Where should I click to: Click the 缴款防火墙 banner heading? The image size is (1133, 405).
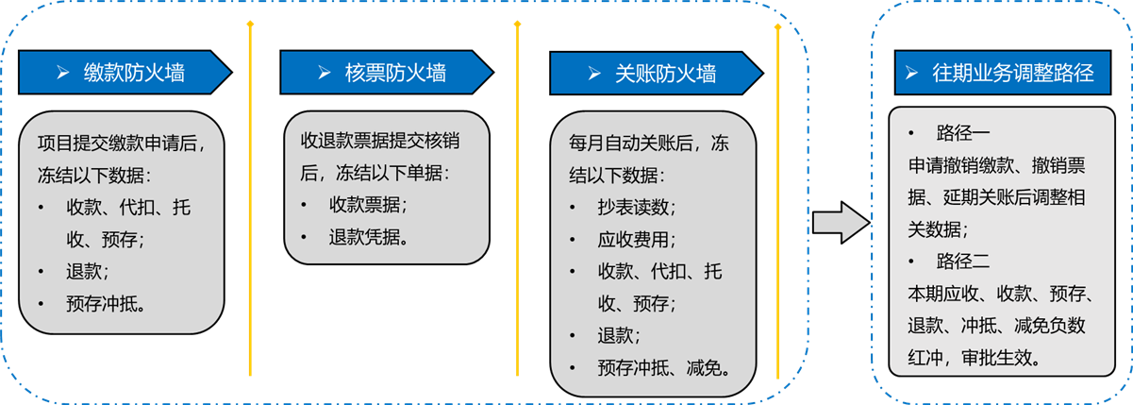click(x=125, y=73)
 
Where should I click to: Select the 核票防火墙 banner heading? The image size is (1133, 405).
click(x=387, y=73)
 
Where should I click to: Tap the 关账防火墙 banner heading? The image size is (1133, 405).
click(x=657, y=74)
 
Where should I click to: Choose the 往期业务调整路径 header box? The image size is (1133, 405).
click(x=1003, y=73)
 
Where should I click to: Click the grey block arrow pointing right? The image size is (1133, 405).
click(x=841, y=223)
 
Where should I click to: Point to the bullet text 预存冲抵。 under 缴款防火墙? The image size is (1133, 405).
click(x=107, y=304)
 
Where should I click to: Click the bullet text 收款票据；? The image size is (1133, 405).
click(x=368, y=205)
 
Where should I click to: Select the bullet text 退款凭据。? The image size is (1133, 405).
click(x=369, y=237)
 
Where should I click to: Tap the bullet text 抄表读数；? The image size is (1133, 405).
click(x=636, y=207)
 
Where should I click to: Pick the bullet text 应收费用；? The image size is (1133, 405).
click(x=636, y=240)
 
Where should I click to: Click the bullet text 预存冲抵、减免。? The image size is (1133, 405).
click(x=665, y=367)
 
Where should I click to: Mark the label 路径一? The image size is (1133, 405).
click(x=962, y=133)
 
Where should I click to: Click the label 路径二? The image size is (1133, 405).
click(x=962, y=262)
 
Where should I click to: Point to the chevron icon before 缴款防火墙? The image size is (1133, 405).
click(x=62, y=73)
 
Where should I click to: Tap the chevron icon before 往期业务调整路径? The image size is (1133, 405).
click(x=911, y=73)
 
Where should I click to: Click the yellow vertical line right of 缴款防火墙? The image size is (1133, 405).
click(x=250, y=198)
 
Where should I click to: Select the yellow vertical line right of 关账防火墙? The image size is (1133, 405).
click(x=777, y=201)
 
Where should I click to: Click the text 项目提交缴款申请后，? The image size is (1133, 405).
click(x=122, y=143)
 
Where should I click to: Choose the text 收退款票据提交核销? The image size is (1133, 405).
click(x=380, y=141)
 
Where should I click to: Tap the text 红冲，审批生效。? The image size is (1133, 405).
click(x=975, y=358)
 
